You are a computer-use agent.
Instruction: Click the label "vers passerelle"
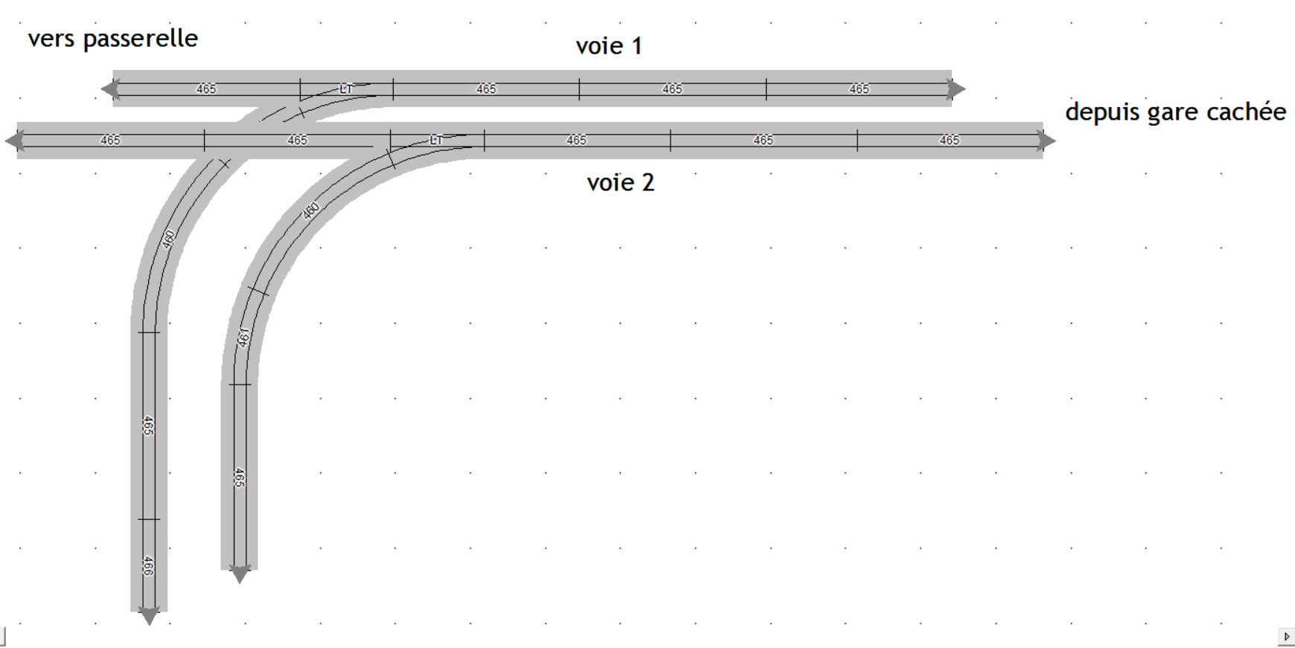click(x=113, y=39)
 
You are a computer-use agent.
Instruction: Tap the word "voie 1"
click(x=609, y=46)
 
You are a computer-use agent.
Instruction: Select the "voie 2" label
click(x=621, y=182)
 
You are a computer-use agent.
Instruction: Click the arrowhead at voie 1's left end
click(x=110, y=89)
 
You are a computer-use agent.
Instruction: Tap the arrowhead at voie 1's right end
click(x=956, y=89)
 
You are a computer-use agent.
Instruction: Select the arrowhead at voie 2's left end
click(x=14, y=141)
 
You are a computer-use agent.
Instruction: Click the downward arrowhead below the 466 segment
click(x=149, y=616)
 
